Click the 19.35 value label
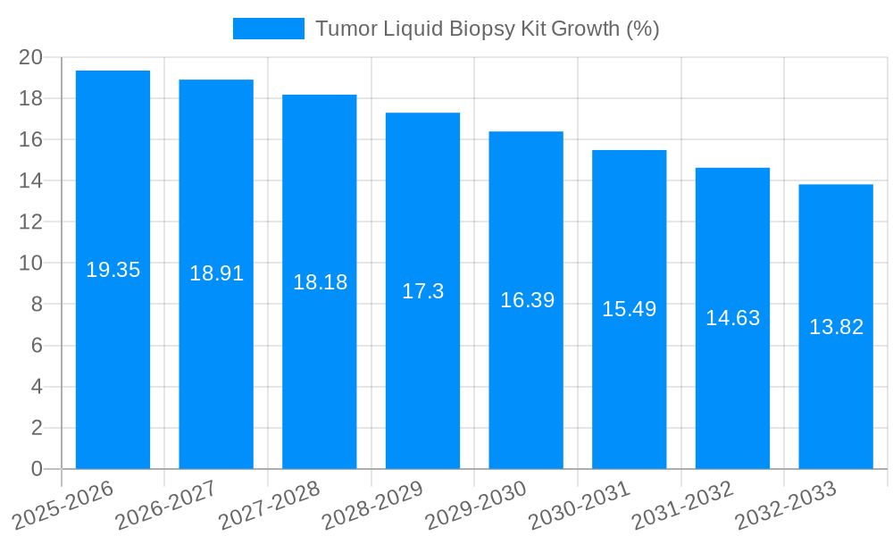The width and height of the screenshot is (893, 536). point(113,270)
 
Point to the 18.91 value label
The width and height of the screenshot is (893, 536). point(216,273)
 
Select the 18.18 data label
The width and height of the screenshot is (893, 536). point(320,282)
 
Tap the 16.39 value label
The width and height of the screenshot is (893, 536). point(527,300)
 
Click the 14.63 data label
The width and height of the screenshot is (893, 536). point(732,318)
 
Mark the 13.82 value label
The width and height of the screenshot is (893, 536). point(836,327)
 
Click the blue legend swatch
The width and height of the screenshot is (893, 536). point(268,29)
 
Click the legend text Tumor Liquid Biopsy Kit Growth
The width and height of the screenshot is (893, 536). point(487,29)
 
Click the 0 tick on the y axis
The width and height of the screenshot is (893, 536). point(37,469)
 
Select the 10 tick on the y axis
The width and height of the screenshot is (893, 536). point(31,264)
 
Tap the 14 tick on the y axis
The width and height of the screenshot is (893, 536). point(31,181)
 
